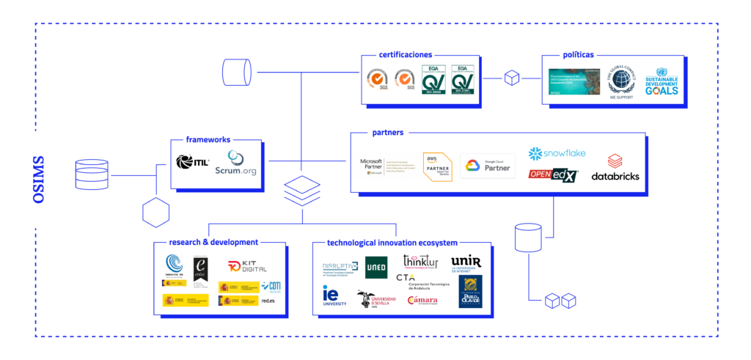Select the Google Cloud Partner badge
click(488, 166)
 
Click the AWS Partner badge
click(436, 165)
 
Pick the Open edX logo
click(553, 175)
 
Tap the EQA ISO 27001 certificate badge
click(464, 80)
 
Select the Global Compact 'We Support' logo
click(621, 81)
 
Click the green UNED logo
click(376, 268)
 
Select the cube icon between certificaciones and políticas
click(511, 78)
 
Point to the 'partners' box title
click(388, 133)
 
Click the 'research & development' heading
click(213, 242)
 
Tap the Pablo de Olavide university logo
click(470, 291)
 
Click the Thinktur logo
click(420, 261)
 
